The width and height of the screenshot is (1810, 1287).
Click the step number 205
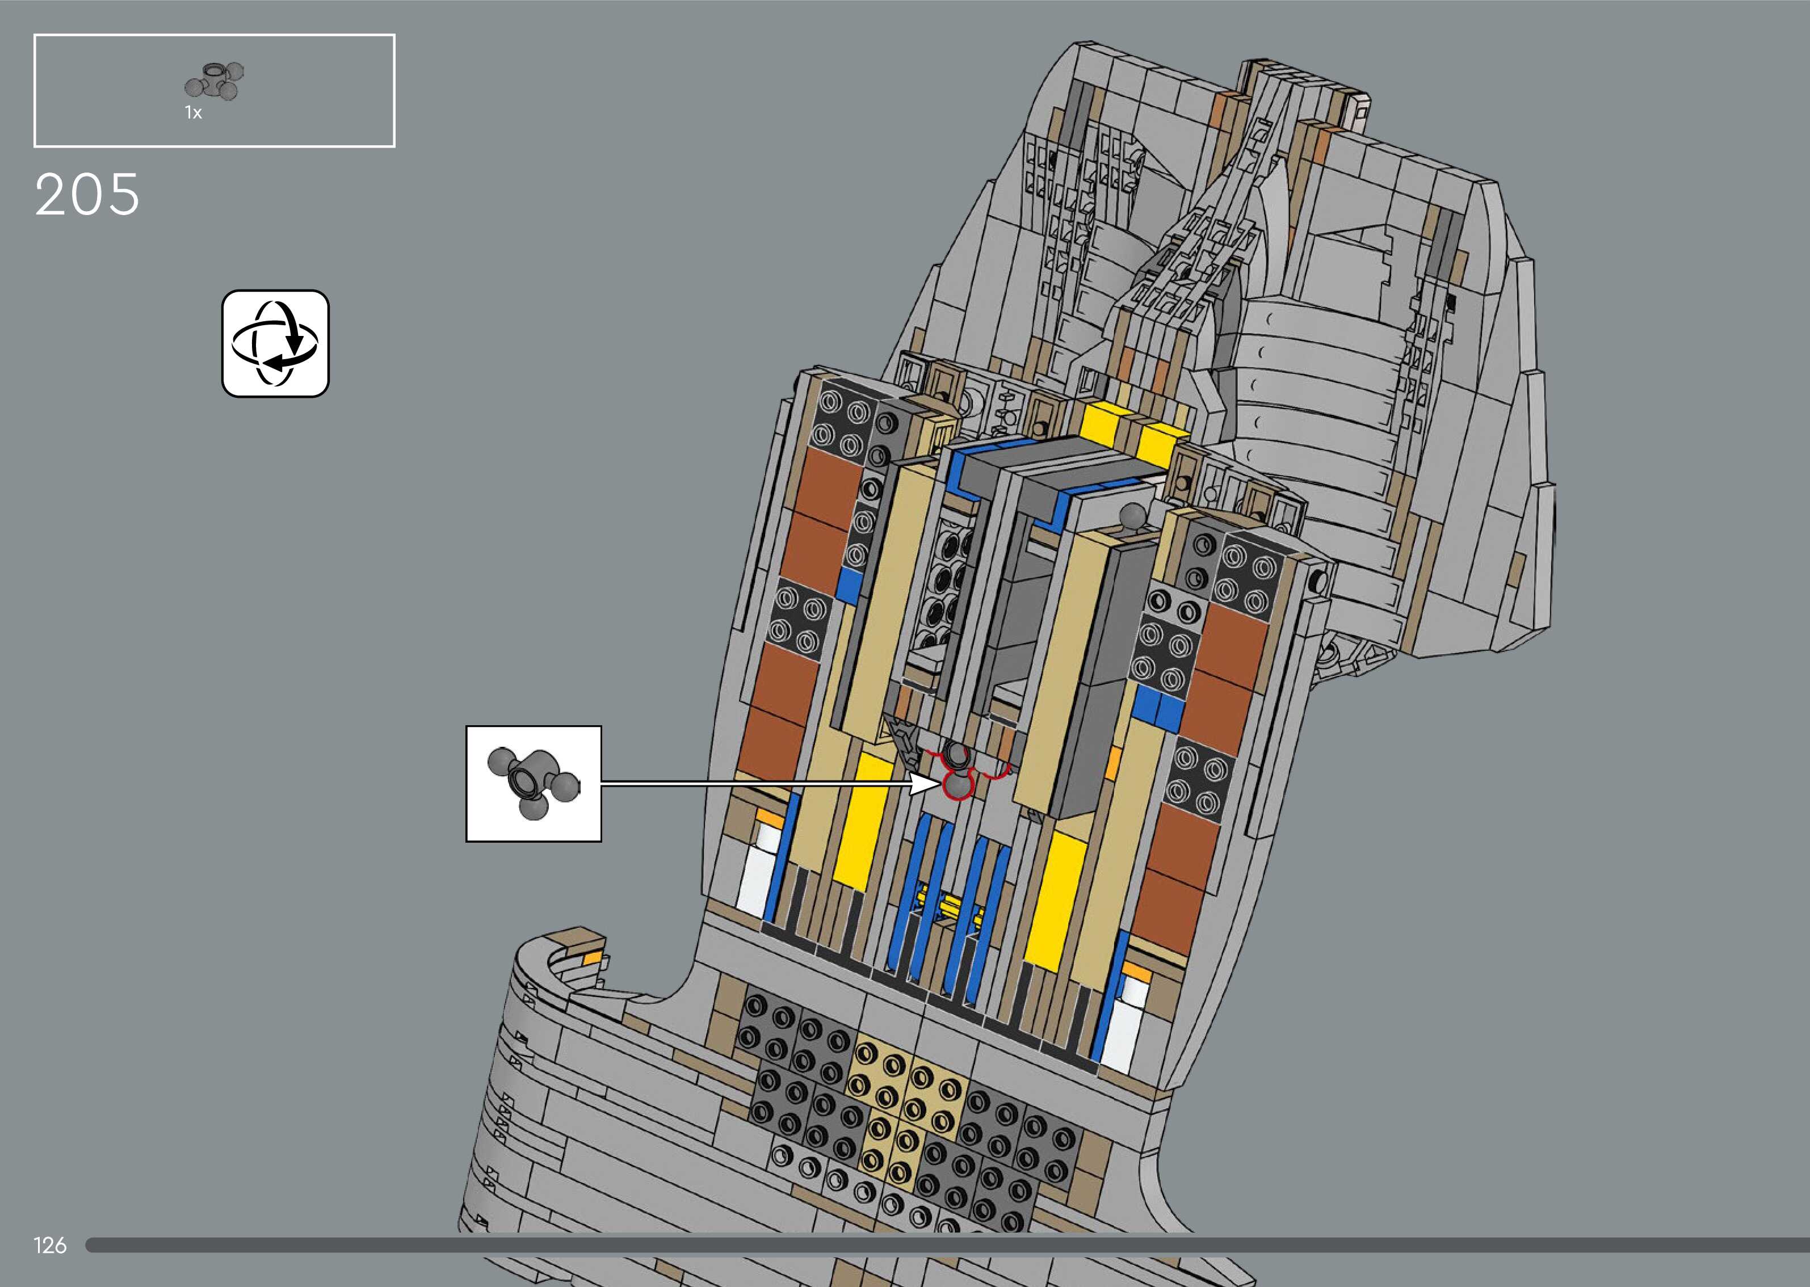pyautogui.click(x=87, y=195)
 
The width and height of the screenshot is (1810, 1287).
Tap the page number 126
pyautogui.click(x=50, y=1245)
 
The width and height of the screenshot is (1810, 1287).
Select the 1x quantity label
pyautogui.click(x=194, y=113)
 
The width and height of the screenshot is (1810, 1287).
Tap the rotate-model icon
pyautogui.click(x=275, y=343)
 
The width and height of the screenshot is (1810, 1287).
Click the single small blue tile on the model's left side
pyautogui.click(x=849, y=586)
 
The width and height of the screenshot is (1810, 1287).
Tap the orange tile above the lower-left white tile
pyautogui.click(x=768, y=816)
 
